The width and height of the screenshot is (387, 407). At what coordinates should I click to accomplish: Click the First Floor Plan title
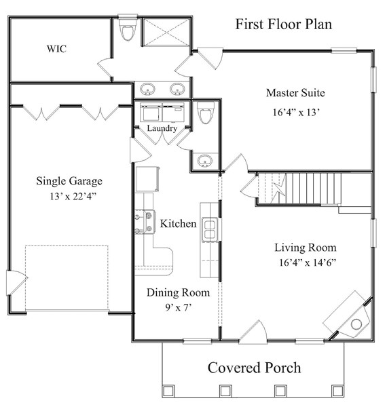tap(283, 25)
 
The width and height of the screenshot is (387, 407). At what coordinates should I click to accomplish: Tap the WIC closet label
tap(56, 49)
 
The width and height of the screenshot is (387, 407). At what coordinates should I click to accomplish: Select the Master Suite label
tap(295, 92)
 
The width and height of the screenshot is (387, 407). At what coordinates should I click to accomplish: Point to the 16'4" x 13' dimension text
tap(295, 112)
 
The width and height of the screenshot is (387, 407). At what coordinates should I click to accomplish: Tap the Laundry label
tap(162, 128)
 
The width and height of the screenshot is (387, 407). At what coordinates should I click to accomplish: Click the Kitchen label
tap(178, 223)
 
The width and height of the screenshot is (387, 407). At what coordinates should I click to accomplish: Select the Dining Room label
tap(178, 293)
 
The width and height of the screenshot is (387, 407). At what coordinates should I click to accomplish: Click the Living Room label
tap(305, 247)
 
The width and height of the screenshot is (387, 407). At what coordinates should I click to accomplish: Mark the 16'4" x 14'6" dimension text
tap(307, 263)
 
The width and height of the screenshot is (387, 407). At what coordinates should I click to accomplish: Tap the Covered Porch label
tap(254, 368)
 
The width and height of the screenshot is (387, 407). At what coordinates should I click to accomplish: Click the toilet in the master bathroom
tap(126, 28)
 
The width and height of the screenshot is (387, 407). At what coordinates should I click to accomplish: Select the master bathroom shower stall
tap(166, 31)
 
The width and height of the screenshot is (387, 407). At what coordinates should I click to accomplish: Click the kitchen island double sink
tap(210, 229)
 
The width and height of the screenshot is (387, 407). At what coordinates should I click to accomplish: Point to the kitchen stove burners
tap(143, 222)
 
